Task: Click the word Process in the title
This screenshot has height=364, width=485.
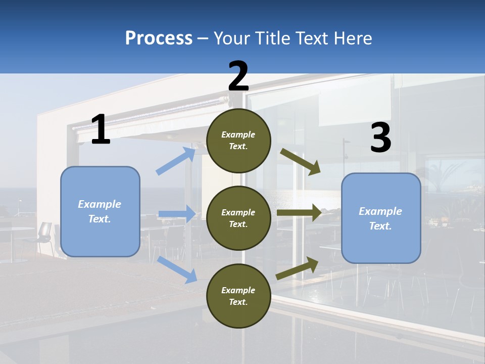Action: (x=159, y=38)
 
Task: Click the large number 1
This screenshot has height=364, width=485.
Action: (x=101, y=129)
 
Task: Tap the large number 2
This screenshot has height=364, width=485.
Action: (x=238, y=76)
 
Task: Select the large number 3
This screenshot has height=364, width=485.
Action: (x=380, y=138)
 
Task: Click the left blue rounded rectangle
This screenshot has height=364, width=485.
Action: (x=100, y=211)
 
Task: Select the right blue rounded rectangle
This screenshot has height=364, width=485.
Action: (x=381, y=218)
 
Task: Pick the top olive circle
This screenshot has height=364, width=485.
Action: (x=238, y=141)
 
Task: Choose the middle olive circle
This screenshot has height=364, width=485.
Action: (x=238, y=218)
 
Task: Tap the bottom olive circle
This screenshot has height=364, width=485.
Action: (x=238, y=296)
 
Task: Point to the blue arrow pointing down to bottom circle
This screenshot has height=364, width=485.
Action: (x=177, y=269)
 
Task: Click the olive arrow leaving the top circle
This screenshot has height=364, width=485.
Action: (x=301, y=162)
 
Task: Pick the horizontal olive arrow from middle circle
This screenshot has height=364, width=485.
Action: (x=299, y=213)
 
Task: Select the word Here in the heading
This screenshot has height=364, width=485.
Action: (x=353, y=38)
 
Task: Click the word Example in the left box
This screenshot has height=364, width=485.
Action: (x=100, y=204)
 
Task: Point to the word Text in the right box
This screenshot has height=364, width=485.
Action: (x=380, y=226)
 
